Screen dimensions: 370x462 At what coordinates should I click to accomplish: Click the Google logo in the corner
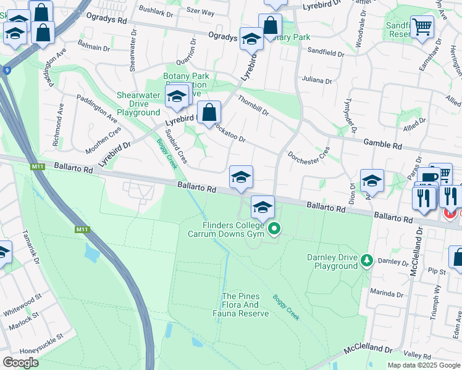click(x=20, y=362)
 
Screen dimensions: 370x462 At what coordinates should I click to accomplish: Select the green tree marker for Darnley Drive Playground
click(x=367, y=261)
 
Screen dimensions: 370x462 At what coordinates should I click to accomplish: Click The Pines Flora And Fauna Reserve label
click(x=245, y=305)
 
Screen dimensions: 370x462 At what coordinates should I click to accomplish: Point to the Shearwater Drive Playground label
click(x=138, y=104)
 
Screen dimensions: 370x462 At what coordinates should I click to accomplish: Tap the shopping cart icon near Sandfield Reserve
click(x=422, y=27)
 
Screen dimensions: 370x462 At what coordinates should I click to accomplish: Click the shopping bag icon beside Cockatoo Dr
click(x=209, y=113)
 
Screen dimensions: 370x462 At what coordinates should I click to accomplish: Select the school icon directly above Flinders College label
click(x=262, y=207)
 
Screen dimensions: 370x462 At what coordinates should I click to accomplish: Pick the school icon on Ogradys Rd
click(x=251, y=39)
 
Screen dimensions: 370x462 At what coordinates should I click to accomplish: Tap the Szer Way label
click(x=201, y=12)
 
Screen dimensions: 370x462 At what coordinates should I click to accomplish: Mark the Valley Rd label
click(x=418, y=355)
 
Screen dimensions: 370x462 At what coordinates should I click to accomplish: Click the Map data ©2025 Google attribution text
click(x=424, y=365)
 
